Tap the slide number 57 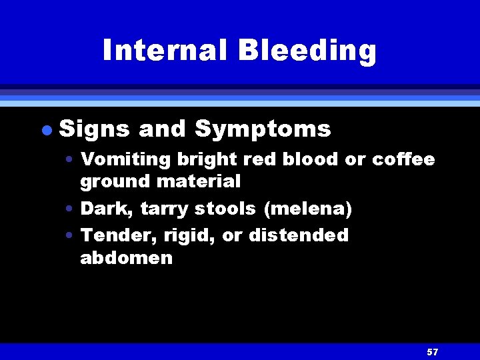coord(433,351)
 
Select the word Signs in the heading coord(94,129)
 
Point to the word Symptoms coord(263,129)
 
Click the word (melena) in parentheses coord(308,209)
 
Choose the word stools coord(225,209)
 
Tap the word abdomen coord(126,258)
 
